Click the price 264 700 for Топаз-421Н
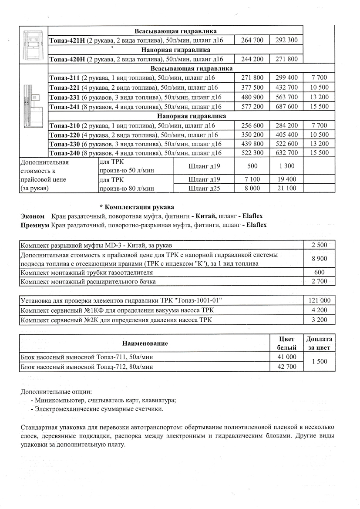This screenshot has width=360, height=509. tap(252, 40)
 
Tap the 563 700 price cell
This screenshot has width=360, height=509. tap(286, 97)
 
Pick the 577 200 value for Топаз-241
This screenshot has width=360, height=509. tap(252, 107)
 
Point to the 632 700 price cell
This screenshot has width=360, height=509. tap(286, 153)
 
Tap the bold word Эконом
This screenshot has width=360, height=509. tap(33, 216)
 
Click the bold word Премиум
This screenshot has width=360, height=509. tap(35, 225)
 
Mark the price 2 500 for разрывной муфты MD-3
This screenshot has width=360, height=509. tap(319, 245)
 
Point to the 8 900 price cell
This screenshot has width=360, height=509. tap(319, 259)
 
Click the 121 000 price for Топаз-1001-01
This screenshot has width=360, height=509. tap(319, 300)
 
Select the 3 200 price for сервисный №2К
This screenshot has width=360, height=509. tap(319, 320)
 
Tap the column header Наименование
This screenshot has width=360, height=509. tap(145, 344)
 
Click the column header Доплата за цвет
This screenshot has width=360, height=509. tap(319, 344)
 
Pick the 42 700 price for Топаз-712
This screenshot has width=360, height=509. tap(286, 367)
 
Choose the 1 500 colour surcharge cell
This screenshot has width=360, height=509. tap(319, 362)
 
